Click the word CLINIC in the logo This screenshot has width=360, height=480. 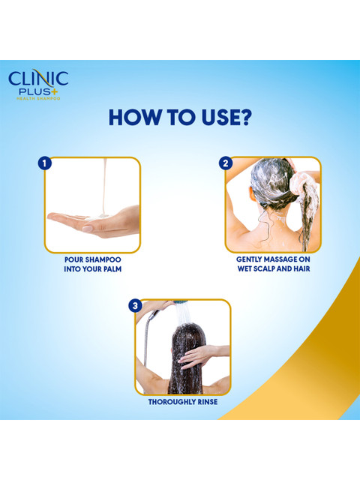coord(38,79)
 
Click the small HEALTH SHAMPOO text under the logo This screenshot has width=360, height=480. coord(38,98)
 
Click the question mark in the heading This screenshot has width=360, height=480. coord(244,117)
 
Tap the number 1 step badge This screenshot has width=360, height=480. coord(44,163)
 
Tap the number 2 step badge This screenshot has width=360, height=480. coord(226,163)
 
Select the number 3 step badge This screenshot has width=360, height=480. coord(135,306)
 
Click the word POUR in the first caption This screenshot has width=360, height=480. coord(73,259)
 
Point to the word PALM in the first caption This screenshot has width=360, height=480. coord(112,269)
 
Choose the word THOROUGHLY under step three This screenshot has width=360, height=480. coord(172,402)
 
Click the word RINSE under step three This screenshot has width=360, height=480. coord(208,402)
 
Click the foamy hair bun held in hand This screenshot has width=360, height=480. coord(299,183)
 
